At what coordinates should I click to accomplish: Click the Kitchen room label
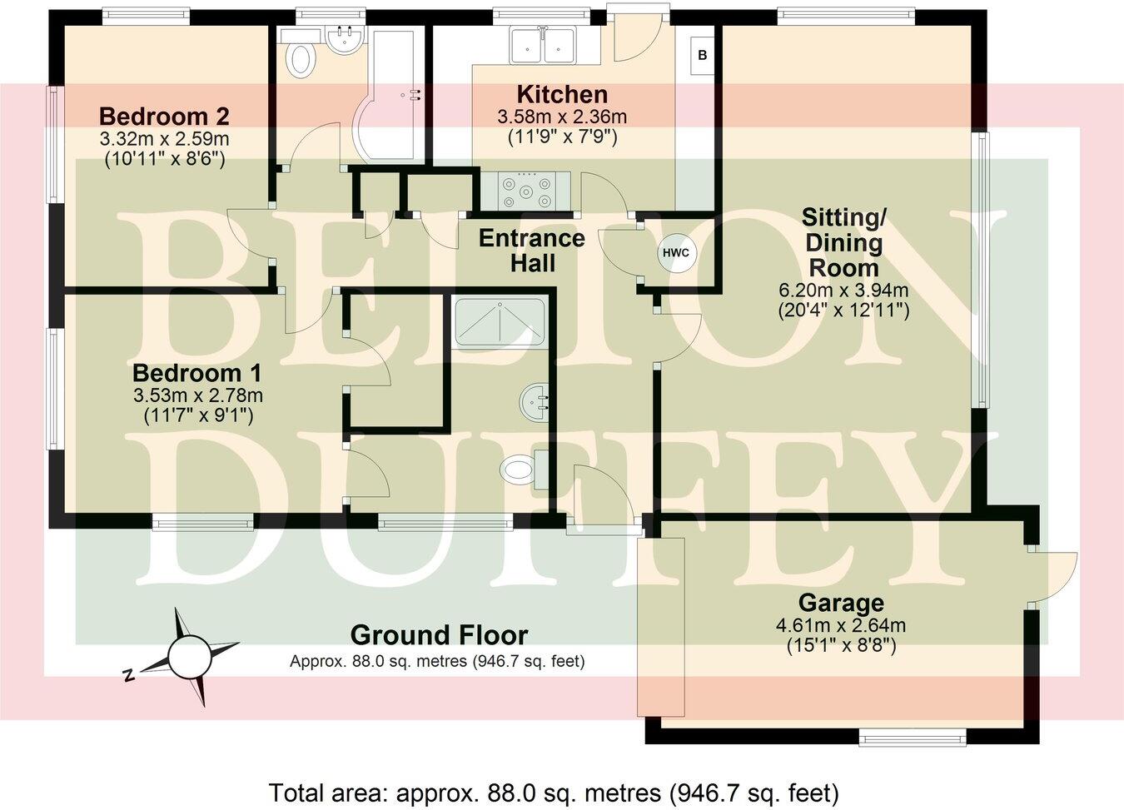561,94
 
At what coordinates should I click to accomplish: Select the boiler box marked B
703,56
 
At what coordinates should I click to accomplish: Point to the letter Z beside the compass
128,675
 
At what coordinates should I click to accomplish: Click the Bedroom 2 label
163,116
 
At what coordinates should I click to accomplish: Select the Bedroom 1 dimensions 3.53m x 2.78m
197,395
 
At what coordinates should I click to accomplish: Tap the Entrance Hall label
531,251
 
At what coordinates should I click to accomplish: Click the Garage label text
840,603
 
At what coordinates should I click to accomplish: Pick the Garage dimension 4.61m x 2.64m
840,625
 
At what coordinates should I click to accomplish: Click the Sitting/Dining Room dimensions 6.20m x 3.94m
843,291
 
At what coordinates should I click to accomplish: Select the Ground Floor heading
439,635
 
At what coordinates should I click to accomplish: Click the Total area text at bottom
553,791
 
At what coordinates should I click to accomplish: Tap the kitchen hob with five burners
525,191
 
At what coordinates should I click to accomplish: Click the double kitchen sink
543,46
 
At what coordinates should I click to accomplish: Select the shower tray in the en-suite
499,321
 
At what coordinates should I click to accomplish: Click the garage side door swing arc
1056,574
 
